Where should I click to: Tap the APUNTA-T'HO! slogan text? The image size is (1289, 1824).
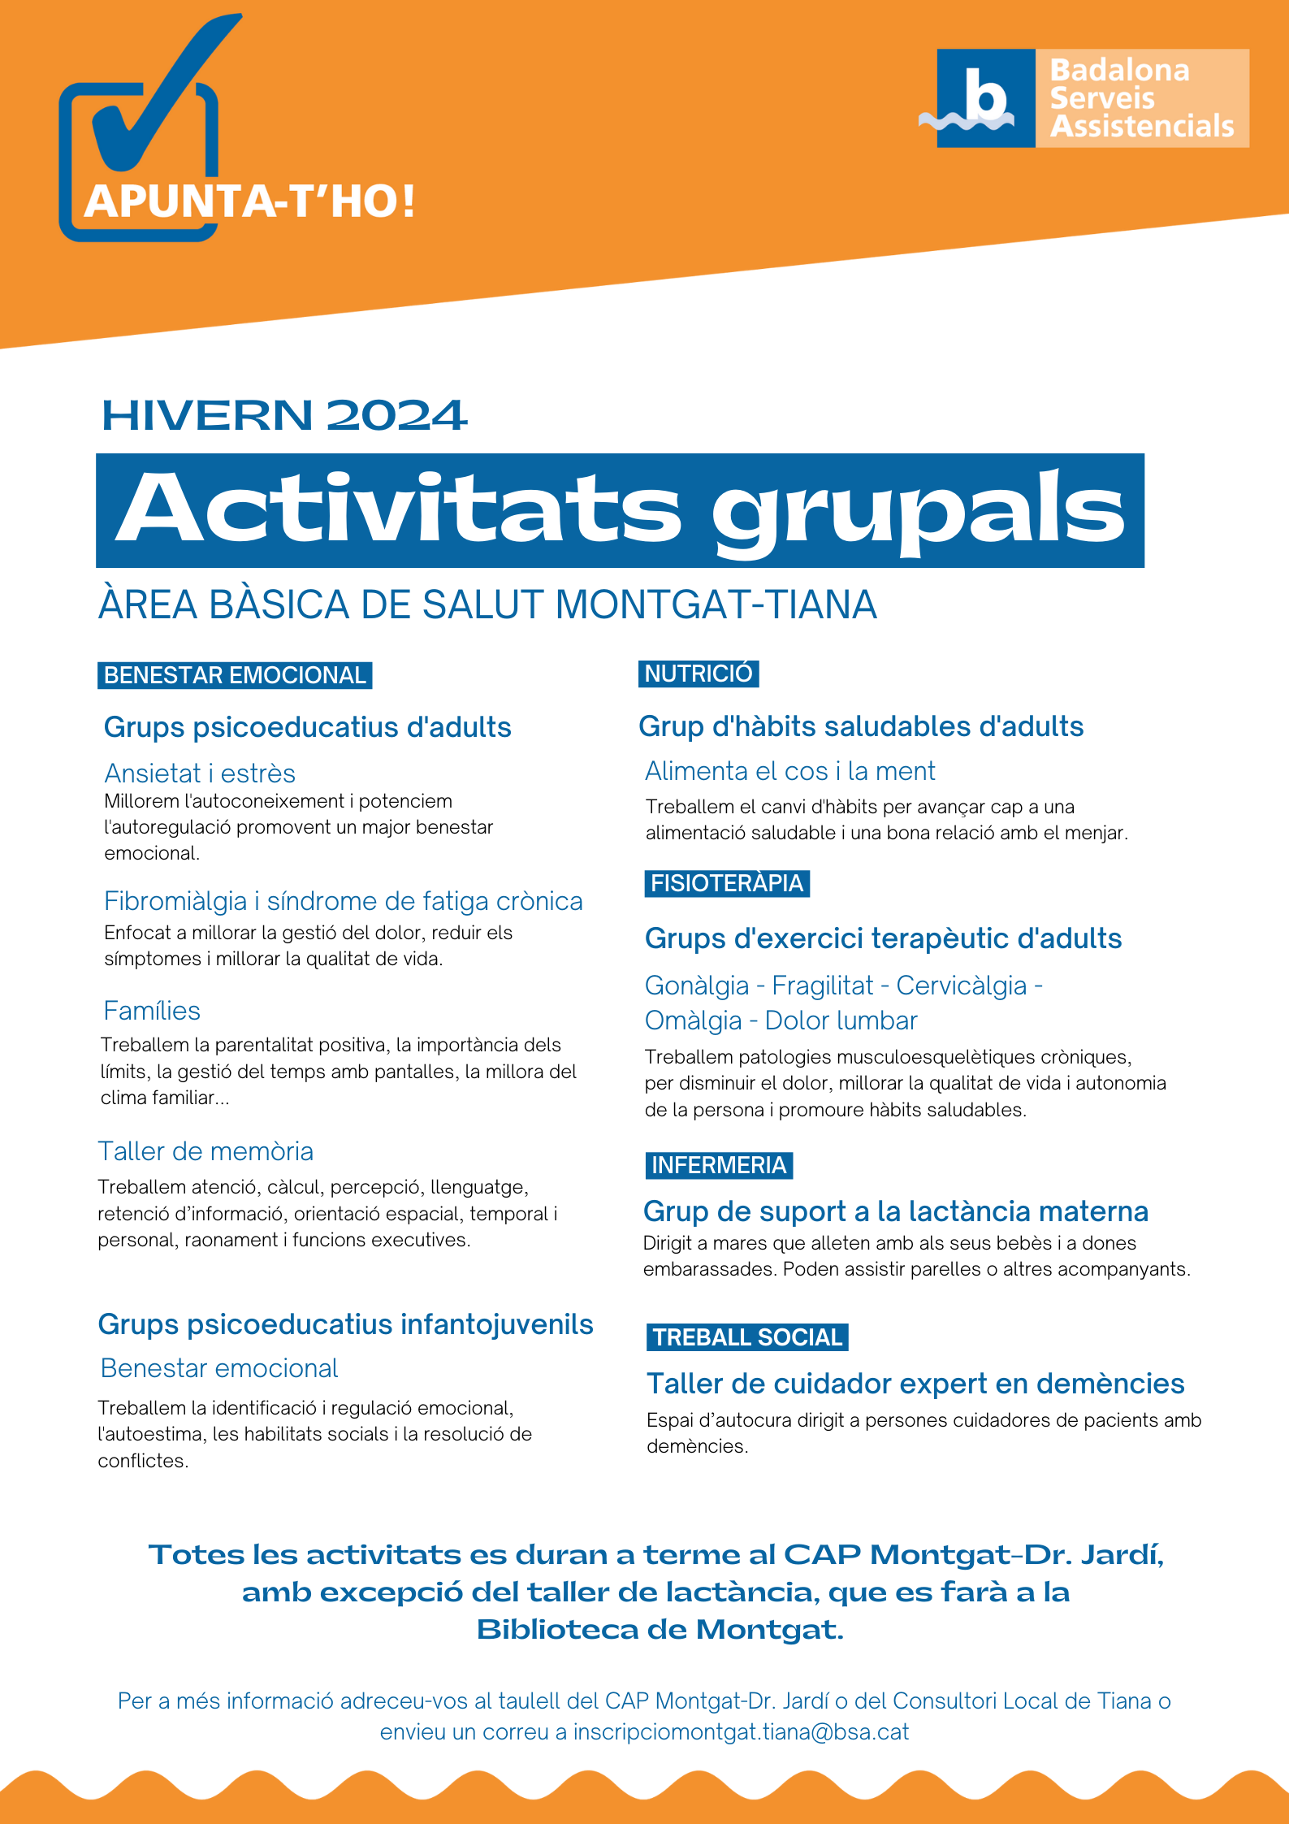(249, 201)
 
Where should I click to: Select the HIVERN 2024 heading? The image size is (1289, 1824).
(284, 415)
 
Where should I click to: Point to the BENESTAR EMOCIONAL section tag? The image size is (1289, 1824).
(235, 675)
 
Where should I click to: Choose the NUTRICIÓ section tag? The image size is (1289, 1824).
(699, 674)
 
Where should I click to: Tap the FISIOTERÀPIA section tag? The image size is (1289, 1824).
(727, 883)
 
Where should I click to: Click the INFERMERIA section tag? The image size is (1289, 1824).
(719, 1165)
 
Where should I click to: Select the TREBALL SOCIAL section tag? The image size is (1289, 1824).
(747, 1337)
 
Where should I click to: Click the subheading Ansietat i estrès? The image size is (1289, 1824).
(200, 773)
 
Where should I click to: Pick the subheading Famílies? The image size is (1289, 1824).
(152, 1011)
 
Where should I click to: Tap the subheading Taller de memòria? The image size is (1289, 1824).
(205, 1151)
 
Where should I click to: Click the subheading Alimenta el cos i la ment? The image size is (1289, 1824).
(789, 770)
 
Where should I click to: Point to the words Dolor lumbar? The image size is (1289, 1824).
(841, 1020)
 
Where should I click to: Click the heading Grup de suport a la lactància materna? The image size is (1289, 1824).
(896, 1211)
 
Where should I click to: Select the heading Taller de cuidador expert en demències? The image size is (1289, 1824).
(915, 1384)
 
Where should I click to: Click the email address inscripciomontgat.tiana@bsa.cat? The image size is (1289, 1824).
(741, 1731)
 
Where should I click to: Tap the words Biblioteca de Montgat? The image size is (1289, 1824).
(660, 1629)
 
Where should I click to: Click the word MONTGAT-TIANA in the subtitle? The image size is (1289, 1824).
(716, 605)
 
